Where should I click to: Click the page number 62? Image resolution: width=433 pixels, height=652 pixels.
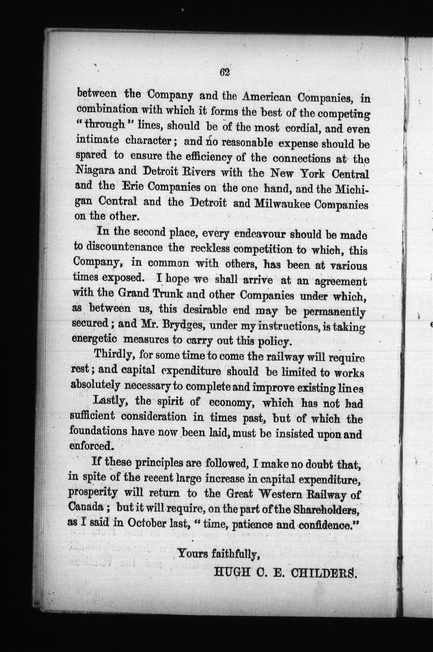[225, 73]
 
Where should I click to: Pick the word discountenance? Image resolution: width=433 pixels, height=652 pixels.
[118, 247]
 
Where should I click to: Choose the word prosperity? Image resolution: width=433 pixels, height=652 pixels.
[93, 492]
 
